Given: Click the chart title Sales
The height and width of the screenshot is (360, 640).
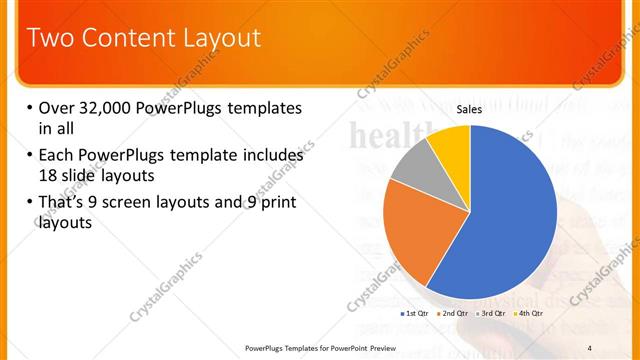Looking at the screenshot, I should click(470, 108).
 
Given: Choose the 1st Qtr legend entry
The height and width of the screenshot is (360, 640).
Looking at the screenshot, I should click(418, 314).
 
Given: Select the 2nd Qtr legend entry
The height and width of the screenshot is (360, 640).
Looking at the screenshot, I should click(455, 314).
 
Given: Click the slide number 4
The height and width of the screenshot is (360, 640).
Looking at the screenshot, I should click(590, 347).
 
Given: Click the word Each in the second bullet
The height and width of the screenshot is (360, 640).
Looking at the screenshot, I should click(57, 155).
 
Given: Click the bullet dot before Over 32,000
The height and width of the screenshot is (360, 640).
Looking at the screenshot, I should click(29, 108).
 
